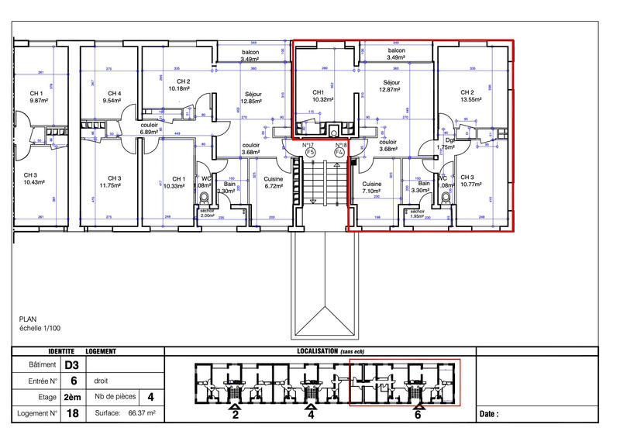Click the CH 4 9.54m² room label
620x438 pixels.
pos(113,96)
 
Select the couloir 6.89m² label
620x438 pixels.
pos(150,128)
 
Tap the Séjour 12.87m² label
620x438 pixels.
pos(391,85)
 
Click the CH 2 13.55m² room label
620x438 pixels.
pos(471,95)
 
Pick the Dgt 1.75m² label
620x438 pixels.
pos(445,143)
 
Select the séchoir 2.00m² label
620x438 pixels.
pos(207,212)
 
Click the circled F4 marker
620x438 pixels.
pos(339,153)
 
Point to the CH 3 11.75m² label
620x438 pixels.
pos(108,182)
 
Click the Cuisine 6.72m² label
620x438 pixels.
pos(273,183)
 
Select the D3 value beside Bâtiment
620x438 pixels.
pos(71,365)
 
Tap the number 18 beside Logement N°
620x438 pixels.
pos(71,414)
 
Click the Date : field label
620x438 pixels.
pos(489,415)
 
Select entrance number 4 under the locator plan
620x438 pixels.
pos(312,415)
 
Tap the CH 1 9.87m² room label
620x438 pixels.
pos(37,96)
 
